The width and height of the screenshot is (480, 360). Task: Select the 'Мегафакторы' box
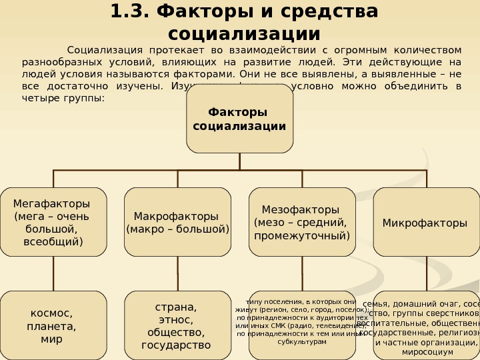coord(53,222)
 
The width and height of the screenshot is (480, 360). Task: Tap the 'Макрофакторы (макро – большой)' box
coord(178,222)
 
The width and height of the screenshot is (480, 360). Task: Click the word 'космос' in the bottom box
coord(51,313)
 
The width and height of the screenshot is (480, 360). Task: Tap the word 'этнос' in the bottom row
coord(177,320)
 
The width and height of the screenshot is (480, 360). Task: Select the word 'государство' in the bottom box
coord(176,345)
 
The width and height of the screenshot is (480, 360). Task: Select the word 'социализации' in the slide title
coord(245,33)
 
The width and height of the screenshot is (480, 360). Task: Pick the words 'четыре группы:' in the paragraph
coord(59,98)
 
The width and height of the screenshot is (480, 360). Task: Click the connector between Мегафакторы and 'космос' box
coord(53,273)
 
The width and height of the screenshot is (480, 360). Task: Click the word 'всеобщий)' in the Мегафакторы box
coord(53,241)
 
